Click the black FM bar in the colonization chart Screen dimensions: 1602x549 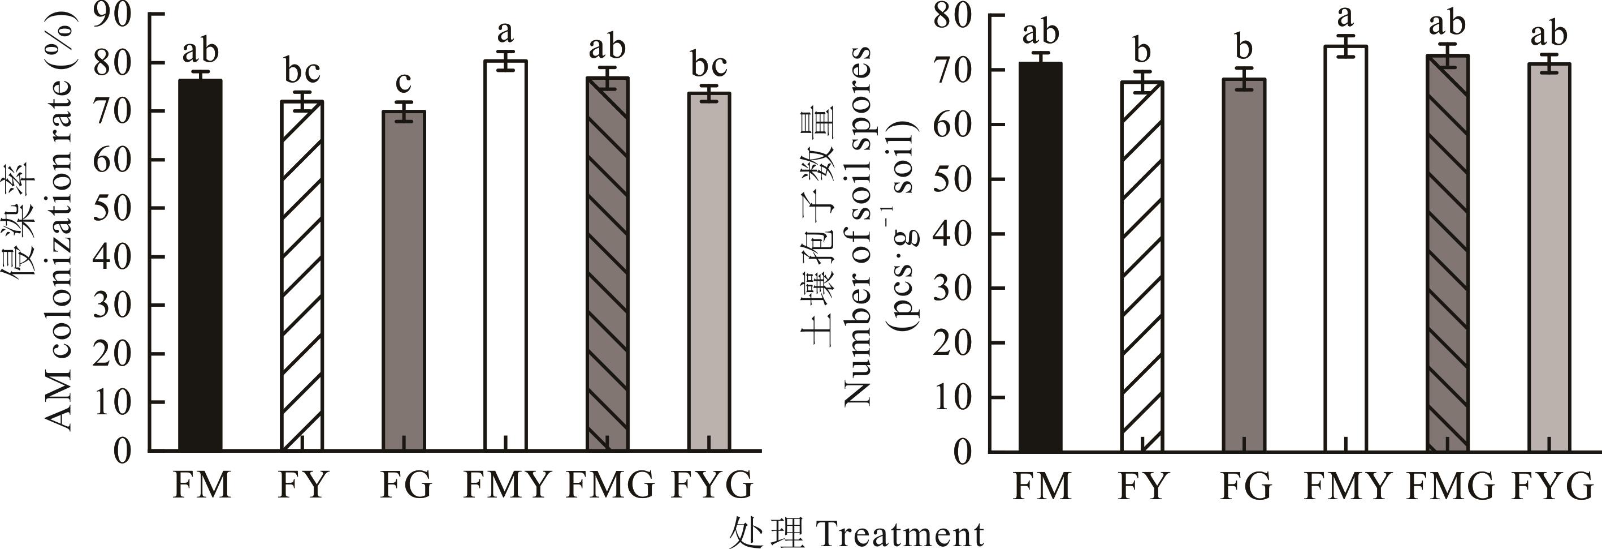[x=200, y=264]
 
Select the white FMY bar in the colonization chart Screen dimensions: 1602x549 [x=505, y=255]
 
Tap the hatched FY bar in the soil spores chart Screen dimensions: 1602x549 [x=1142, y=267]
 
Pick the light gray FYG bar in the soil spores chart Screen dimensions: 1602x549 [x=1548, y=257]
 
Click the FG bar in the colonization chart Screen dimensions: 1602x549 [x=404, y=281]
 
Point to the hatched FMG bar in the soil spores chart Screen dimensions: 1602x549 [x=1447, y=253]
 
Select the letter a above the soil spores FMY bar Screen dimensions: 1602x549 [x=1346, y=15]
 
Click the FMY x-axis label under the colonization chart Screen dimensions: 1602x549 [x=507, y=485]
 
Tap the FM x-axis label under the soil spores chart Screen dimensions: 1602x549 [x=1042, y=486]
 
